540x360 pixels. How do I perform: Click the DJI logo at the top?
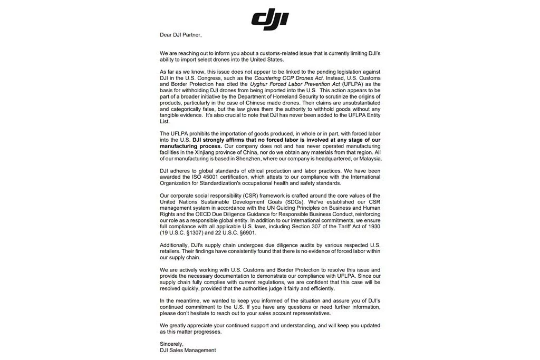click(x=269, y=20)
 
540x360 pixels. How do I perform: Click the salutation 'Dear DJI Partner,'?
click(x=181, y=35)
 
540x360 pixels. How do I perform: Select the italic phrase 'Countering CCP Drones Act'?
click(x=287, y=78)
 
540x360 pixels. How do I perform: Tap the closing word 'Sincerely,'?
click(x=171, y=344)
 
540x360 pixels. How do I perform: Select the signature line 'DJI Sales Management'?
click(x=188, y=350)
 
